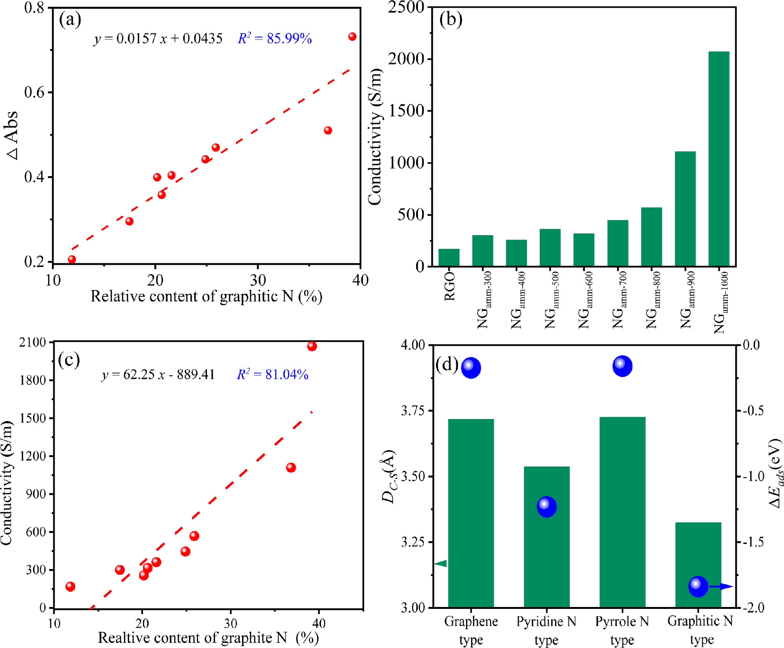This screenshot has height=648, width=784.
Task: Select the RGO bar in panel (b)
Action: pos(449,258)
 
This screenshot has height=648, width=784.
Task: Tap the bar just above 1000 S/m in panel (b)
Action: pos(685,209)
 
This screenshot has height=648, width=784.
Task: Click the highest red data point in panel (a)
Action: pos(352,36)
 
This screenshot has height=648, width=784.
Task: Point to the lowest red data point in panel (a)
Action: pos(72,259)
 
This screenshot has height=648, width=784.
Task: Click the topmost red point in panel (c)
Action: pos(312,346)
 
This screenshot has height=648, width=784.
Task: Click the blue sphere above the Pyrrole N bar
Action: pos(622,366)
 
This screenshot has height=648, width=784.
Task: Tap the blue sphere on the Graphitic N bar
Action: pos(698,586)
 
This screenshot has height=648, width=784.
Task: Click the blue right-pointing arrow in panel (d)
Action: pos(721,587)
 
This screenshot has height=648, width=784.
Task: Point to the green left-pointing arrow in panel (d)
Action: pos(441,563)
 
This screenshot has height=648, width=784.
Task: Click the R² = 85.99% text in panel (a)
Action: pos(275,38)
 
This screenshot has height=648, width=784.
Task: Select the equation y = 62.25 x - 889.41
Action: pos(158,375)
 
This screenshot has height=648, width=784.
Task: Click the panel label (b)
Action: pos(451,19)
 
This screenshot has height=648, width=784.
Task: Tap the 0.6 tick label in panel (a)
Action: pos(35,92)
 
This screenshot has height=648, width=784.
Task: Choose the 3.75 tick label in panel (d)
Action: pos(413,411)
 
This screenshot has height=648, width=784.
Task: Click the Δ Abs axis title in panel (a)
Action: pos(12,136)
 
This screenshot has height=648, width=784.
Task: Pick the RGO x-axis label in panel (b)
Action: pos(449,287)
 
